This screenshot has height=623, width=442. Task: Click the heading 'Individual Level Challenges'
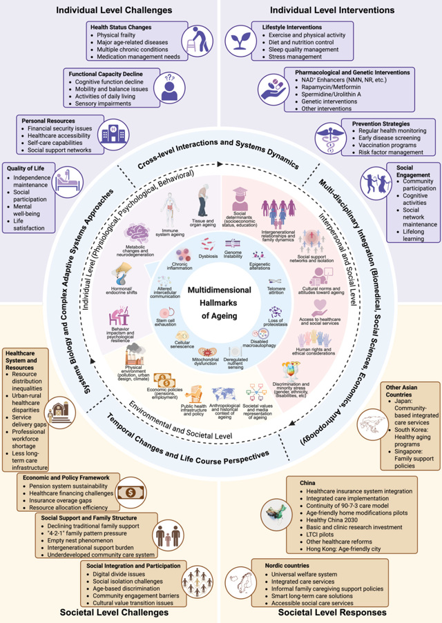point(115,10)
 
